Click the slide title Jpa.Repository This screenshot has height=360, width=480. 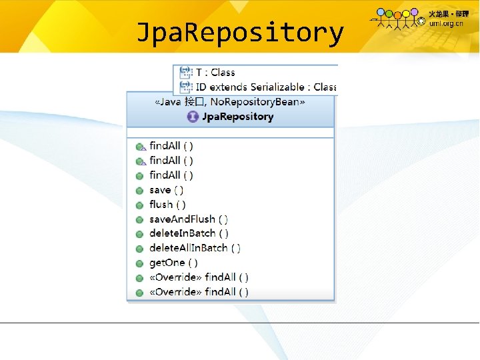(239, 31)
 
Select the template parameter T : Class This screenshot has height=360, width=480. (215, 72)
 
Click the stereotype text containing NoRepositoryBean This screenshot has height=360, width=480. (230, 102)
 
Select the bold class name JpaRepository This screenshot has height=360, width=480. (238, 117)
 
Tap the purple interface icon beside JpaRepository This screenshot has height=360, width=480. (193, 117)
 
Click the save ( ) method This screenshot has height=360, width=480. (167, 190)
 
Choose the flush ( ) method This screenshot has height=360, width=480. (167, 205)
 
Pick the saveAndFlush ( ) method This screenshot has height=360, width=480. (189, 219)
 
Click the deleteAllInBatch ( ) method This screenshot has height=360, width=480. (195, 248)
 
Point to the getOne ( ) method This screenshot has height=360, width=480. (173, 263)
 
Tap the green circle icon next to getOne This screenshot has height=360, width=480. (139, 263)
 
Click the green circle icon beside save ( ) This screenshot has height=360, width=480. (139, 191)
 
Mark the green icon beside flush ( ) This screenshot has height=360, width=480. (139, 205)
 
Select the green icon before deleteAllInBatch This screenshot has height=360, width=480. (139, 249)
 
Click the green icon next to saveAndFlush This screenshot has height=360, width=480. (139, 220)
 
